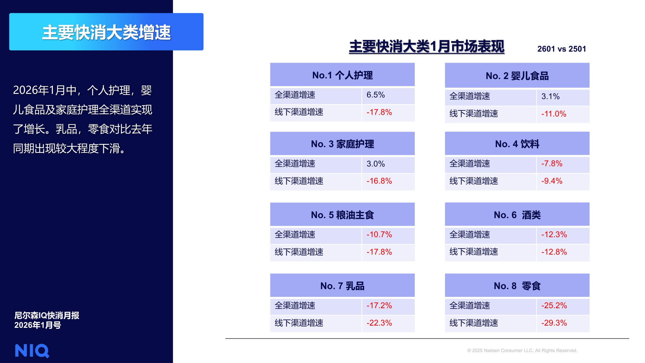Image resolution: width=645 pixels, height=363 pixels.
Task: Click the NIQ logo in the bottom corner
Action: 32,350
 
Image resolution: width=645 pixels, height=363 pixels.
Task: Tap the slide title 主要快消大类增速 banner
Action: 106,32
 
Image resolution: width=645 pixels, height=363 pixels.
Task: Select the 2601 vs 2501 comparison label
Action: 561,49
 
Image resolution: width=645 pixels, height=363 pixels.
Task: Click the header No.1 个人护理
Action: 342,75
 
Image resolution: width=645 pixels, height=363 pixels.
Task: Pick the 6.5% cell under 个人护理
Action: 376,95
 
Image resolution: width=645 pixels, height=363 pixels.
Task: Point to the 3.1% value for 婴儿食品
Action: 550,96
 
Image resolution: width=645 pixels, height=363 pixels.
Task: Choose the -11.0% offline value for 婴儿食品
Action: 553,114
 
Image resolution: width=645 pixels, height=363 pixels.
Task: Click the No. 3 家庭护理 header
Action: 342,144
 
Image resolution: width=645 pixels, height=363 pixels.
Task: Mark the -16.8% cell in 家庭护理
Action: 379,181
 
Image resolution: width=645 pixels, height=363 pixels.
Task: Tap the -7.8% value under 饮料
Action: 551,164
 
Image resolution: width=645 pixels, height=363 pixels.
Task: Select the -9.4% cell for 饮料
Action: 551,181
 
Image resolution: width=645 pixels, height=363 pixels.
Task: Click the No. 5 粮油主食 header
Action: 342,215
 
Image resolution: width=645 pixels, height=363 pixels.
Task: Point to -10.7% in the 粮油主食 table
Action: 379,235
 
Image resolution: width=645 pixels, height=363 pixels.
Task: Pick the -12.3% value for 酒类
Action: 554,235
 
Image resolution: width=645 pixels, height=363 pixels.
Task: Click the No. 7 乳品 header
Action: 342,286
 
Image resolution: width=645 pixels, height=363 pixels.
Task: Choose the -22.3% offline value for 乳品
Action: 379,323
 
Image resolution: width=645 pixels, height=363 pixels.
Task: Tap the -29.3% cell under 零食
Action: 554,323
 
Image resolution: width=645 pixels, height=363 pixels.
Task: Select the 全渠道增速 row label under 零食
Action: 470,306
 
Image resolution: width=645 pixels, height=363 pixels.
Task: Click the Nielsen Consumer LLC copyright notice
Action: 522,350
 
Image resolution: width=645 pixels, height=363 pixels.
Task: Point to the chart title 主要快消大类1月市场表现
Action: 426,46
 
